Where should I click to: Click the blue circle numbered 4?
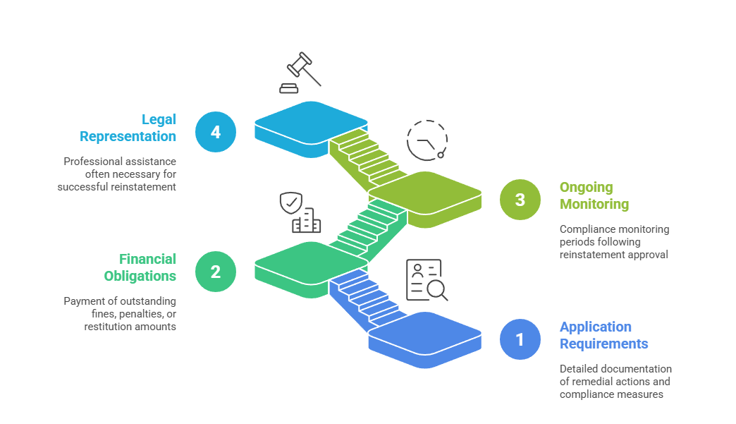click(216, 132)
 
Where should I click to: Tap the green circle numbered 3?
click(520, 200)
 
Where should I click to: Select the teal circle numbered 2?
click(216, 271)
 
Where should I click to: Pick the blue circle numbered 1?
click(520, 339)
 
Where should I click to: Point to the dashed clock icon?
click(427, 140)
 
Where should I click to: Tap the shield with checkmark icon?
click(290, 203)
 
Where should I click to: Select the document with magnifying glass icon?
click(427, 280)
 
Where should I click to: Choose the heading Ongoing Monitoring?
click(594, 195)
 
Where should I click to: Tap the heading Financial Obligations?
click(140, 267)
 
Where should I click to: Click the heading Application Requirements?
click(603, 335)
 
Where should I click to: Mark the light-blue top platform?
click(310, 121)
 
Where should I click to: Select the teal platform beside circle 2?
click(310, 262)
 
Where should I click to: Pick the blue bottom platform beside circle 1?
click(425, 332)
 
